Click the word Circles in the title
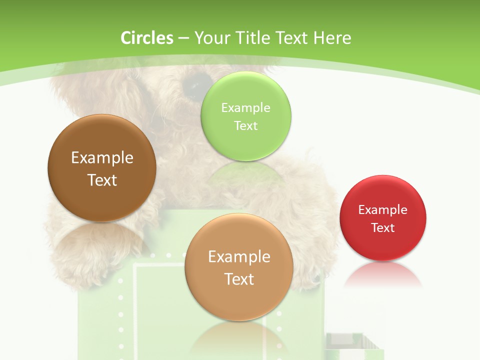pyautogui.click(x=147, y=38)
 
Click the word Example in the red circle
pyautogui.click(x=383, y=210)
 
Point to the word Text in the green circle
pyautogui.click(x=245, y=125)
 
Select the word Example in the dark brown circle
pyautogui.click(x=102, y=158)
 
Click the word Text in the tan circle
pyautogui.click(x=239, y=279)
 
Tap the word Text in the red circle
pyautogui.click(x=383, y=228)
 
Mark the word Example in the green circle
pyautogui.click(x=245, y=107)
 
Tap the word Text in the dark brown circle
pyautogui.click(x=102, y=180)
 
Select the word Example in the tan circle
pyautogui.click(x=239, y=257)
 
